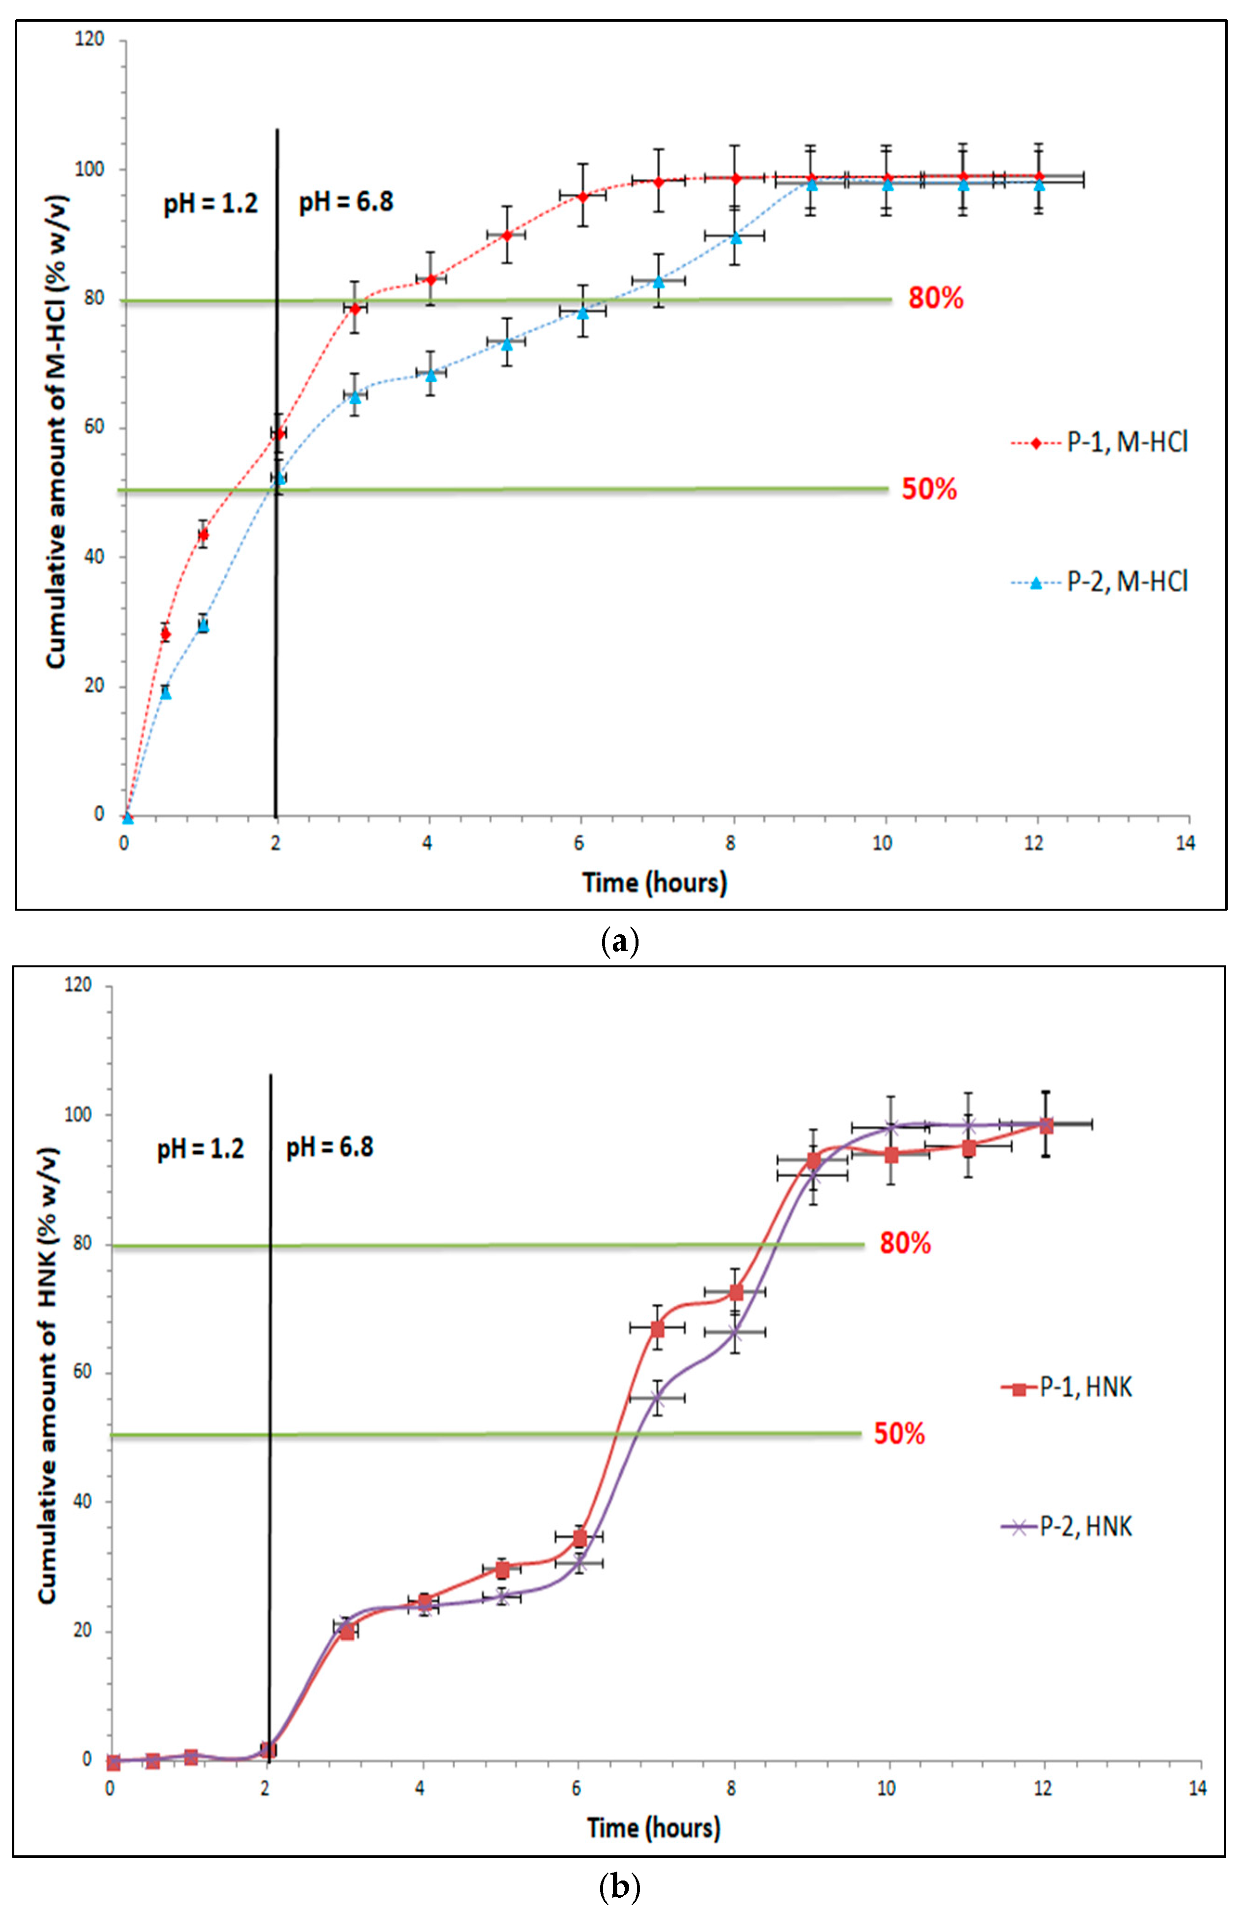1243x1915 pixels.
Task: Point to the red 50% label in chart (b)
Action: tap(899, 1433)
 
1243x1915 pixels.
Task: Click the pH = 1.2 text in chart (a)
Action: tap(211, 202)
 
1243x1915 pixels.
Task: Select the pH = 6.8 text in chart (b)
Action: tap(330, 1147)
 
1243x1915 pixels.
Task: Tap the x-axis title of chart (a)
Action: tap(654, 883)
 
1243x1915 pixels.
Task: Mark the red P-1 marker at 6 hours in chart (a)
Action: tap(582, 196)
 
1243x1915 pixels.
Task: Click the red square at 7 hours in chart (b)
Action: tap(657, 1328)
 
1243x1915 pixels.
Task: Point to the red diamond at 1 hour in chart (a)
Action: tap(204, 534)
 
